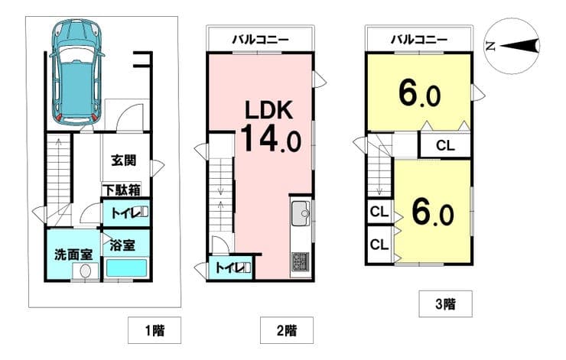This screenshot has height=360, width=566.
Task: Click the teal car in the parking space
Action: click(x=77, y=72)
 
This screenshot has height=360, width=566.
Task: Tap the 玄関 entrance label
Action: click(x=123, y=161)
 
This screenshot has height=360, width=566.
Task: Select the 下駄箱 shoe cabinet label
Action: click(x=121, y=190)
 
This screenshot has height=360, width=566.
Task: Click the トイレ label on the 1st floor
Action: click(x=125, y=212)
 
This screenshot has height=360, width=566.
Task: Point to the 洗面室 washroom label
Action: click(x=73, y=255)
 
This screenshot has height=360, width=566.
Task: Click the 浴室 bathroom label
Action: click(x=122, y=245)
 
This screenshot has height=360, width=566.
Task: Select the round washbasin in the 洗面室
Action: click(x=85, y=271)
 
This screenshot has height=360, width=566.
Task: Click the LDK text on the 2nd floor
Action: click(x=269, y=110)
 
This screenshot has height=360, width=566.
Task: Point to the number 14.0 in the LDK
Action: click(x=271, y=138)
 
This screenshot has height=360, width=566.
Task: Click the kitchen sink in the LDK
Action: click(x=301, y=213)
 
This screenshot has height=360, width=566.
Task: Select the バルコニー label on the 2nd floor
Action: click(x=260, y=39)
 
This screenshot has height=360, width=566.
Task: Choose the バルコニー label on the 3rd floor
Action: click(x=419, y=39)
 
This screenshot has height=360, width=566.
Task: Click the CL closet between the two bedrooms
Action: click(x=445, y=145)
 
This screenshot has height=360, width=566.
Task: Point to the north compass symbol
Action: click(x=512, y=46)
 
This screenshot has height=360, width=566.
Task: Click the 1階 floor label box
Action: click(x=155, y=330)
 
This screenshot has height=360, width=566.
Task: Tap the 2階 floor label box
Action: click(x=287, y=330)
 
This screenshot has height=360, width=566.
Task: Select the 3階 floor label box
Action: click(x=445, y=304)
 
